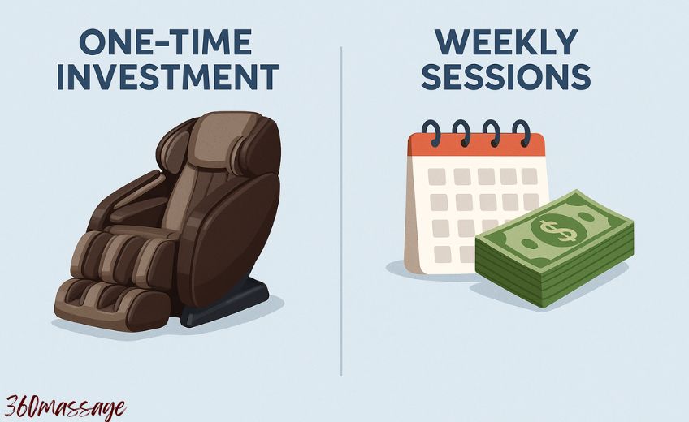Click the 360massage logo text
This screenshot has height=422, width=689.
pyautogui.click(x=65, y=406)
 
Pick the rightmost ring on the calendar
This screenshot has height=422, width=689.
pyautogui.click(x=521, y=133)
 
